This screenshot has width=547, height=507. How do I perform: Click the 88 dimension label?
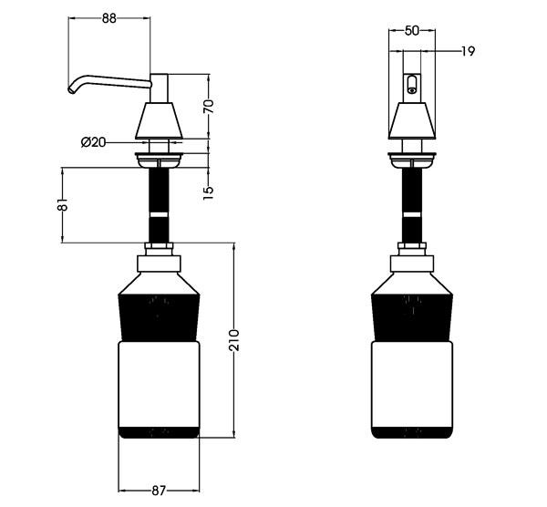pyautogui.click(x=108, y=18)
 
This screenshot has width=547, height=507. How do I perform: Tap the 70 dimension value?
pyautogui.click(x=209, y=107)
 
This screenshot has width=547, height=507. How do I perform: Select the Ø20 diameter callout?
pyautogui.click(x=93, y=142)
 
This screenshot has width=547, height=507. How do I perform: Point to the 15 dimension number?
pyautogui.click(x=208, y=193)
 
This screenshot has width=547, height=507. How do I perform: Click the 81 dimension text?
pyautogui.click(x=62, y=205)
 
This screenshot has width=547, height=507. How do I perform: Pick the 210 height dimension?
pyautogui.click(x=234, y=340)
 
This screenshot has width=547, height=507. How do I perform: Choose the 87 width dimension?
pyautogui.click(x=159, y=491)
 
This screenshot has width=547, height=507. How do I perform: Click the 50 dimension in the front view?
pyautogui.click(x=412, y=31)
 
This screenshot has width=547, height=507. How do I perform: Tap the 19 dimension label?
pyautogui.click(x=468, y=52)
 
